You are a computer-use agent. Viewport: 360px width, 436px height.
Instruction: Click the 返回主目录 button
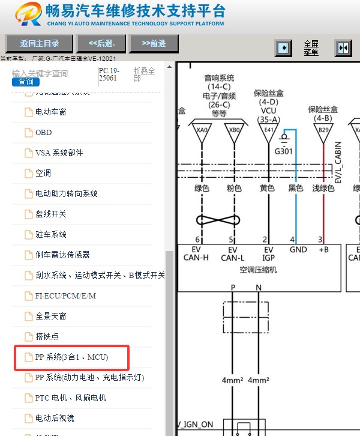(40, 43)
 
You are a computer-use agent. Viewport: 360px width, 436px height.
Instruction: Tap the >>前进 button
(154, 43)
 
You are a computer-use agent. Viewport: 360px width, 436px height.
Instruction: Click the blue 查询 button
(25, 82)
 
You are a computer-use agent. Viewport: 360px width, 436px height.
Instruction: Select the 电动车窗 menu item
(50, 112)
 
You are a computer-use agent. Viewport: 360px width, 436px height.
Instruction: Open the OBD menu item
(43, 132)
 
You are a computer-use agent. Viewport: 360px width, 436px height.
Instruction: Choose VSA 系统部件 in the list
(59, 153)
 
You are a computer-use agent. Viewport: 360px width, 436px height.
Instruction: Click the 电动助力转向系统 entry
(66, 193)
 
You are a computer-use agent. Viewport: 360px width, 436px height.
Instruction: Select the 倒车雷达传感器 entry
(62, 255)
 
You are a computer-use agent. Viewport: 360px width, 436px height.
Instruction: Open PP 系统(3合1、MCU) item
(72, 357)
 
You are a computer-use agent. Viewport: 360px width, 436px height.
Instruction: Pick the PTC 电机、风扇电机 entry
(70, 398)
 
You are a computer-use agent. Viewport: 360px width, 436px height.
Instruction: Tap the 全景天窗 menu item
(50, 316)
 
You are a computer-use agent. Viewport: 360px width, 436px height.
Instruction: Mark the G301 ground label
(283, 151)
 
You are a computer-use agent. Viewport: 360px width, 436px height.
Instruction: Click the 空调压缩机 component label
(258, 270)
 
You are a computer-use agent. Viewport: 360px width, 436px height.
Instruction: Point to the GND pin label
(298, 250)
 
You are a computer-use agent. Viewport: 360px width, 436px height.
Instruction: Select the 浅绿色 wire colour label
(323, 188)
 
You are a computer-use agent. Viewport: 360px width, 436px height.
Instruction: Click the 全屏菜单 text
(311, 48)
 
